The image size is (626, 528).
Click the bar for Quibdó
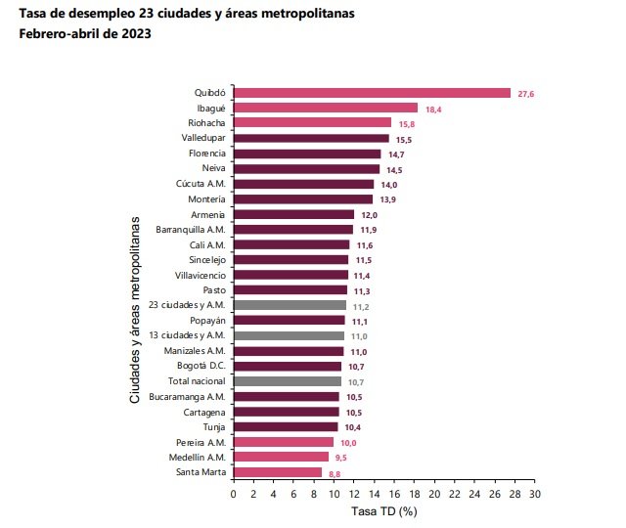click(372, 93)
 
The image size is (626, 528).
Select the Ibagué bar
click(326, 108)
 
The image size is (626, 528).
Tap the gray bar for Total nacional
click(287, 380)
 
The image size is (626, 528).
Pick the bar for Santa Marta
click(277, 472)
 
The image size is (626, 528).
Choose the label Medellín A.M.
click(199, 457)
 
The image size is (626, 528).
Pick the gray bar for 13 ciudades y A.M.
click(289, 335)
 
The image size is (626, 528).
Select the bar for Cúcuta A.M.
click(303, 184)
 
